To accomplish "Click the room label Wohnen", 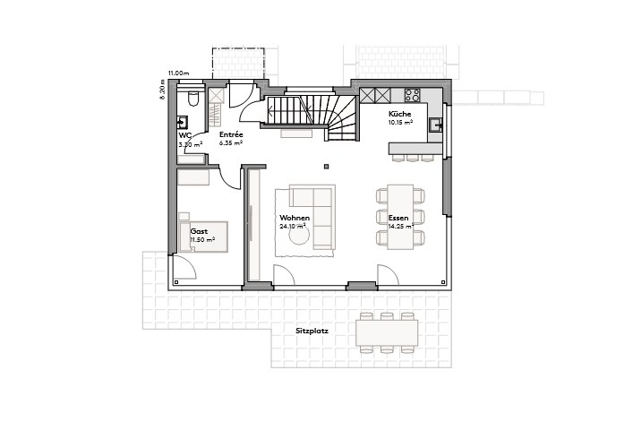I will tap(295, 218).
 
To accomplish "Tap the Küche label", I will tap(399, 115).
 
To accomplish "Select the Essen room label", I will tap(398, 218).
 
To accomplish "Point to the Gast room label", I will tap(199, 231).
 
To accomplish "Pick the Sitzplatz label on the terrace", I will tap(312, 331).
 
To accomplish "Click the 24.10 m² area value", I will tap(293, 227).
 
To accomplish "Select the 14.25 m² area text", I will tap(400, 227).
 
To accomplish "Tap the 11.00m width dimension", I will tap(177, 72).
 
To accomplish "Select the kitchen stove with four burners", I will tap(413, 93).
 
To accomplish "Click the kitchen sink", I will tap(435, 125).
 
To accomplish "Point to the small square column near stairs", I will tap(328, 164).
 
